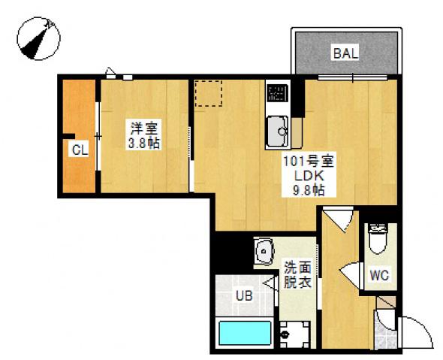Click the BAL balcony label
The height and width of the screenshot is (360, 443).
[x=345, y=53]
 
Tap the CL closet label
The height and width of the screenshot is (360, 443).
[x=80, y=150]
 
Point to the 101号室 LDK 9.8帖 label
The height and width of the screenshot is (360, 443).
[x=309, y=175]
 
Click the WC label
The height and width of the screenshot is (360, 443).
[x=379, y=275]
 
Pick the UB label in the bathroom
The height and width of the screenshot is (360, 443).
[x=244, y=296]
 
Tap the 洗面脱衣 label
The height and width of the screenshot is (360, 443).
[x=297, y=275]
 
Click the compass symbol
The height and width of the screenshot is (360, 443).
[x=39, y=38]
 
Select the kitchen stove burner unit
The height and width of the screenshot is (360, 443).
[x=278, y=93]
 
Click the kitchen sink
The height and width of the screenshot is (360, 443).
[x=278, y=132]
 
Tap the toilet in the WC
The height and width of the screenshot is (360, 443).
[x=378, y=239]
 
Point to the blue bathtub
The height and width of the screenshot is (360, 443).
[x=245, y=333]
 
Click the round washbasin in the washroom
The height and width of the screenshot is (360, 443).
[x=265, y=251]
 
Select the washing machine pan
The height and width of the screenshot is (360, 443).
[x=295, y=334]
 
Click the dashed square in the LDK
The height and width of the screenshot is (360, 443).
[x=209, y=93]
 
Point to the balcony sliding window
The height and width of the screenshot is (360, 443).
[x=352, y=77]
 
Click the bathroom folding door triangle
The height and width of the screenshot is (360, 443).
[x=270, y=283]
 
